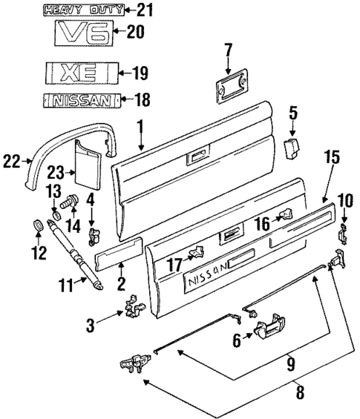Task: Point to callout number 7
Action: (x=228, y=51)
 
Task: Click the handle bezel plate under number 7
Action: (x=229, y=86)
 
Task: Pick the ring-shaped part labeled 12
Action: (x=35, y=226)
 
